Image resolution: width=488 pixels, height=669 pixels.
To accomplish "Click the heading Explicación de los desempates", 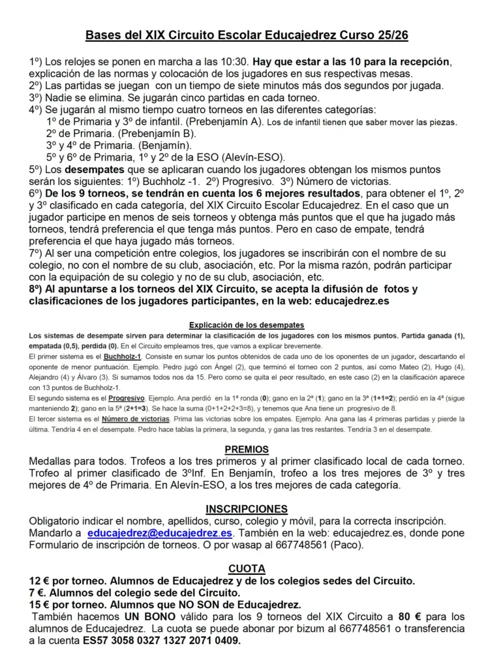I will [246, 325].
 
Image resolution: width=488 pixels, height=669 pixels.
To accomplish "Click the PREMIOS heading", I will [247, 450].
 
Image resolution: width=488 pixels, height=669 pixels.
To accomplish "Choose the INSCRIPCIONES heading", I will [246, 509].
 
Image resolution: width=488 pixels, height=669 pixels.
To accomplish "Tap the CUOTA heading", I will [247, 569].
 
